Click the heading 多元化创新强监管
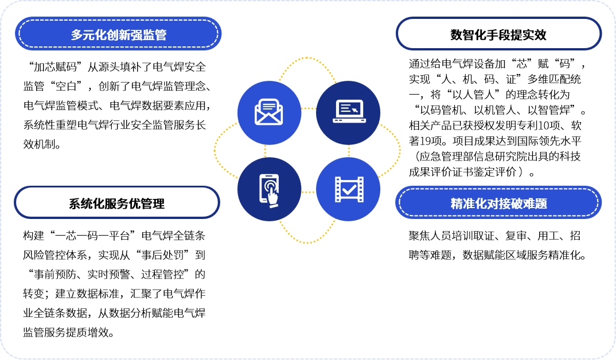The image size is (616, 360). (x=119, y=35)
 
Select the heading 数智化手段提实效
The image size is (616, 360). (x=498, y=35)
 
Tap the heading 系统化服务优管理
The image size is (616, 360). (x=116, y=204)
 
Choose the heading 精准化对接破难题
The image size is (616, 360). (x=498, y=204)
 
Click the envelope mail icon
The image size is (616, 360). (x=269, y=112)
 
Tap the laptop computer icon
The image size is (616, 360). (x=349, y=111)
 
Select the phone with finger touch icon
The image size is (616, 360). (x=269, y=190)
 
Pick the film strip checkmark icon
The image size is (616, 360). (x=349, y=190)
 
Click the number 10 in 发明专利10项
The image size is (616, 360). (x=544, y=126)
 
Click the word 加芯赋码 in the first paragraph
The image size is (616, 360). (x=56, y=66)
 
